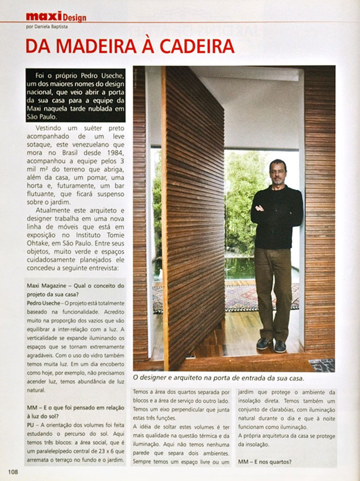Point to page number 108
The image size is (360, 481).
[x=13, y=471]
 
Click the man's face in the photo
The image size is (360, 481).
[x=277, y=173]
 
